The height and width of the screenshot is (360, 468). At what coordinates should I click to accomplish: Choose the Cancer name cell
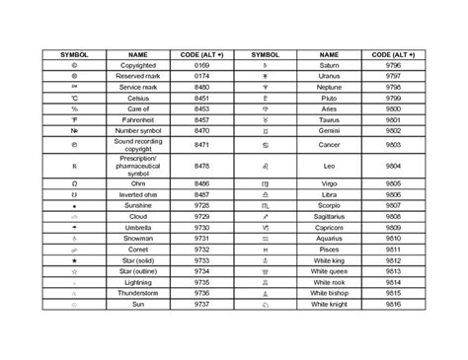point(329,143)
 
